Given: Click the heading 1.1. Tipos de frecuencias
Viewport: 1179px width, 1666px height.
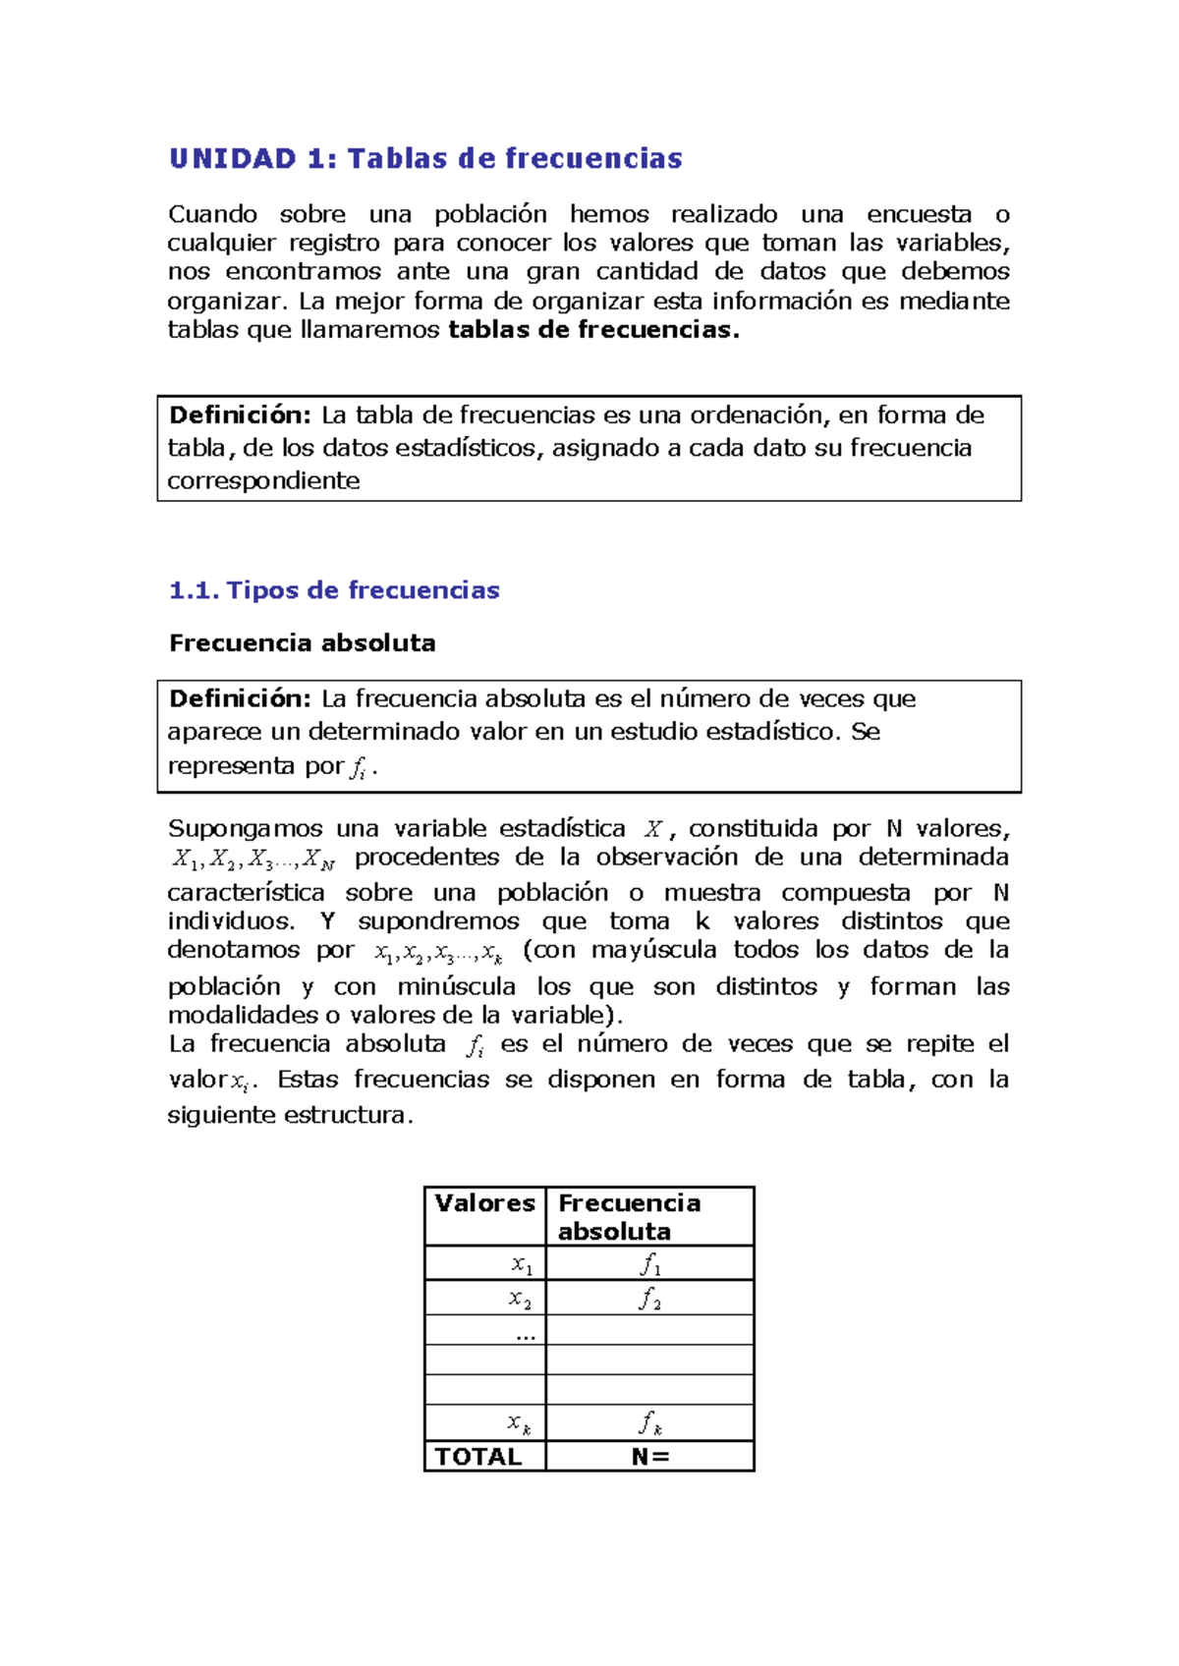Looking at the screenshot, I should click(x=334, y=590).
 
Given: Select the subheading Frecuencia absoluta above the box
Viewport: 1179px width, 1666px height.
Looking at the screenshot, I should click(x=302, y=643).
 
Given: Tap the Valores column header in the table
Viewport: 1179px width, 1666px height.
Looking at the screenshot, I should click(x=484, y=1203).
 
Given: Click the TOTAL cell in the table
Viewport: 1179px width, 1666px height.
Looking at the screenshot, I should click(x=478, y=1457).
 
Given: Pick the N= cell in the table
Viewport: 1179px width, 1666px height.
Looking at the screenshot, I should click(x=649, y=1457).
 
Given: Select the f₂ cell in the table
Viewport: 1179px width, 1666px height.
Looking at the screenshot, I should click(x=649, y=1299).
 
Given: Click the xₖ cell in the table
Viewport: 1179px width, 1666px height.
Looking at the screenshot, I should click(x=519, y=1422).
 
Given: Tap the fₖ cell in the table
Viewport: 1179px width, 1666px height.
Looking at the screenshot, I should click(x=649, y=1422).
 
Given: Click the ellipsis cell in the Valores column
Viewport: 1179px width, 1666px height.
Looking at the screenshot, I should click(x=526, y=1333).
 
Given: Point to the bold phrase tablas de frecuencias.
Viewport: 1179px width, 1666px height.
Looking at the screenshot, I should click(x=592, y=330).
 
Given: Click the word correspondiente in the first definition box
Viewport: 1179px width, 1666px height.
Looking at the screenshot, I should click(x=263, y=481).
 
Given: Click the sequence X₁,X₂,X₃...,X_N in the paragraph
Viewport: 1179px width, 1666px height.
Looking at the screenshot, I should click(x=253, y=860).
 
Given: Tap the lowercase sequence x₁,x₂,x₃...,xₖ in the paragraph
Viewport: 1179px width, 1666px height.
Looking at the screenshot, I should click(x=438, y=953).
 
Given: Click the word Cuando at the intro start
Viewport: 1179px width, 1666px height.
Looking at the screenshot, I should click(x=212, y=215).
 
